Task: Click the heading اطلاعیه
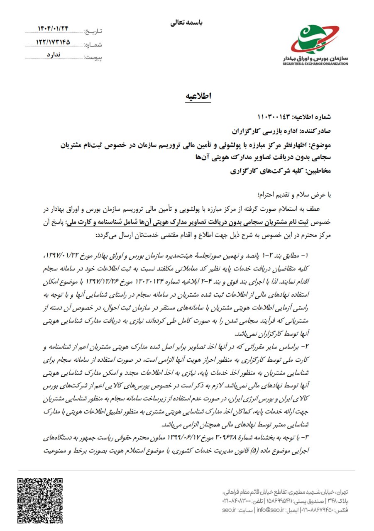tap(198, 96)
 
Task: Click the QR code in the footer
tap(40, 500)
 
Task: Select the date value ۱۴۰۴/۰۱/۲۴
tap(53, 29)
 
